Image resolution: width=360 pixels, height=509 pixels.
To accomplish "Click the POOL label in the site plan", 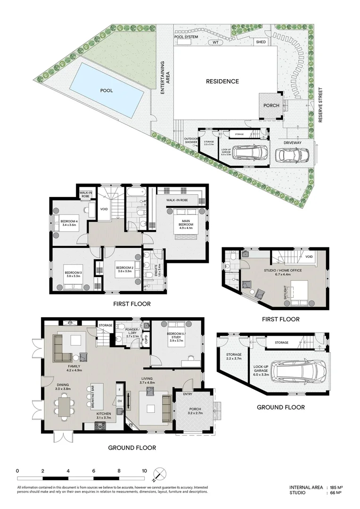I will [x=106, y=90].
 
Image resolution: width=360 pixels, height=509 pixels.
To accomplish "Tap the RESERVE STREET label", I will [x=320, y=105].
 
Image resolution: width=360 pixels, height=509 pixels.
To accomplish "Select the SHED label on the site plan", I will [x=261, y=42].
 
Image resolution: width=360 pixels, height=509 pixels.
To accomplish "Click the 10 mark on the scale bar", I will [x=144, y=471].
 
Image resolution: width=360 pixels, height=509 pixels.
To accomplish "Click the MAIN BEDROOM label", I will [x=183, y=222].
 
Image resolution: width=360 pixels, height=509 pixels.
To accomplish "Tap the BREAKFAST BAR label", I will [x=92, y=394].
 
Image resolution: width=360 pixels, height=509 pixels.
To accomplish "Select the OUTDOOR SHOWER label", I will [x=191, y=140].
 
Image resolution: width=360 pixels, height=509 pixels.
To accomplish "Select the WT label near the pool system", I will [x=216, y=42].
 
